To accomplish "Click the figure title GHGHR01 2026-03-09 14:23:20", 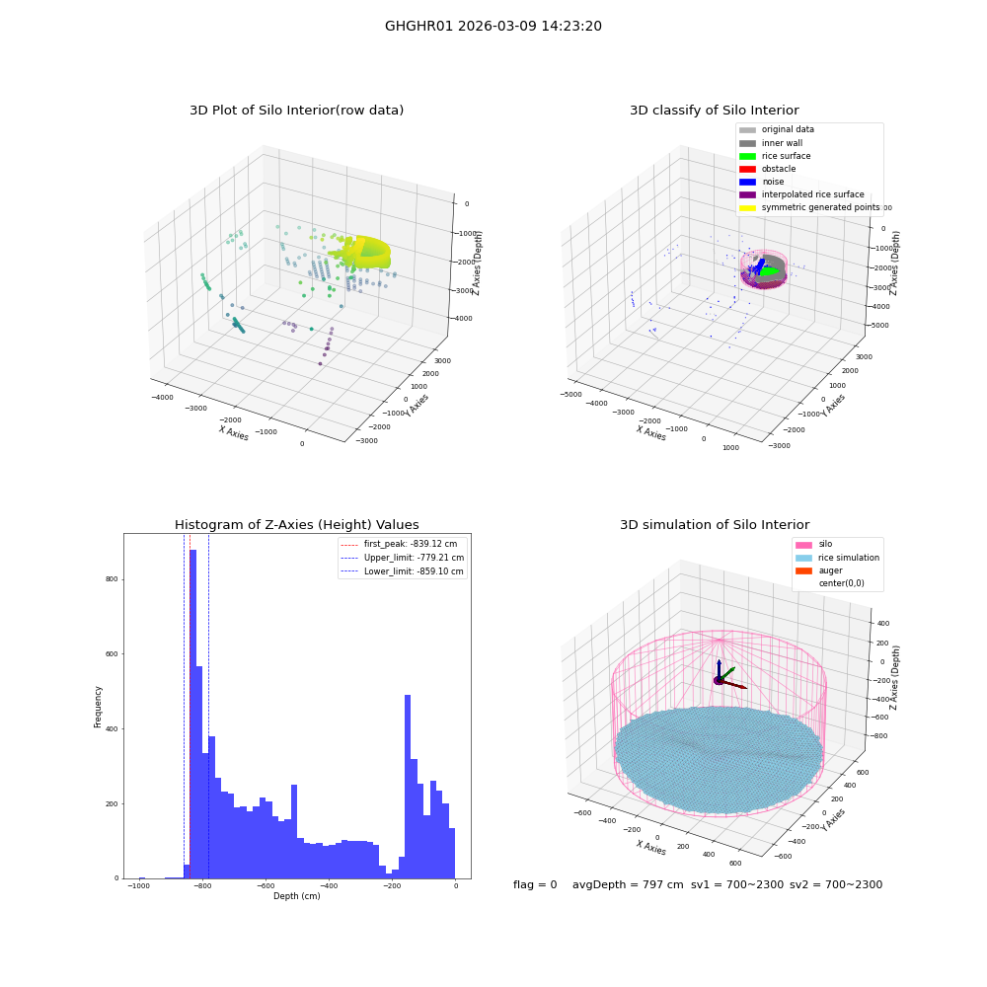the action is click(493, 26).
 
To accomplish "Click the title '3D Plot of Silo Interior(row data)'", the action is click(296, 111).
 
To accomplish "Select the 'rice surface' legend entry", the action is click(775, 156).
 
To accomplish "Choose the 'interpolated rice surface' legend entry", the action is click(801, 194).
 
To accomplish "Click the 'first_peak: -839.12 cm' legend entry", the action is click(399, 544).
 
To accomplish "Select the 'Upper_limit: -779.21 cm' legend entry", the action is click(403, 558).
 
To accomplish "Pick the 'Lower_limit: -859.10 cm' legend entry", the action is click(402, 571).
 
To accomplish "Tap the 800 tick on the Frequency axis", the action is click(113, 579).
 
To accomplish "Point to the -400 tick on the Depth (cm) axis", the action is click(329, 885).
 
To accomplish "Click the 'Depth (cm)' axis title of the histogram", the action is click(296, 896).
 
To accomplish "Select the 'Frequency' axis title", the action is click(98, 707).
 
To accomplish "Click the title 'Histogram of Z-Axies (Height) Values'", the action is click(296, 525).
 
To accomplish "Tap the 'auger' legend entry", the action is click(819, 570).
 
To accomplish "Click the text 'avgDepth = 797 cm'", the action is click(628, 884).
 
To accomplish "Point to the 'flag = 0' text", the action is click(535, 884).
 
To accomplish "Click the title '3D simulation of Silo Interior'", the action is click(715, 525).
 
